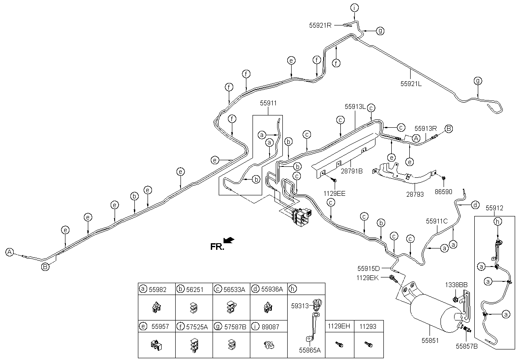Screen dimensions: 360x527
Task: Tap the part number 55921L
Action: coord(411,84)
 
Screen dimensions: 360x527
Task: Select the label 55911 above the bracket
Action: coord(268,103)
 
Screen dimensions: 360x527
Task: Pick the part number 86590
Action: coord(443,191)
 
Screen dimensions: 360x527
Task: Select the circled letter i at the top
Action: coord(354,7)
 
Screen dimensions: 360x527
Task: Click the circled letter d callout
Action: coord(475,205)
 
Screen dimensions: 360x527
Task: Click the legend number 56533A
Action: coord(235,289)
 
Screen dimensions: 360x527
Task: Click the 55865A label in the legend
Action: coord(310,350)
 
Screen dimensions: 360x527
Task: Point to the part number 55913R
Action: coord(426,129)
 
